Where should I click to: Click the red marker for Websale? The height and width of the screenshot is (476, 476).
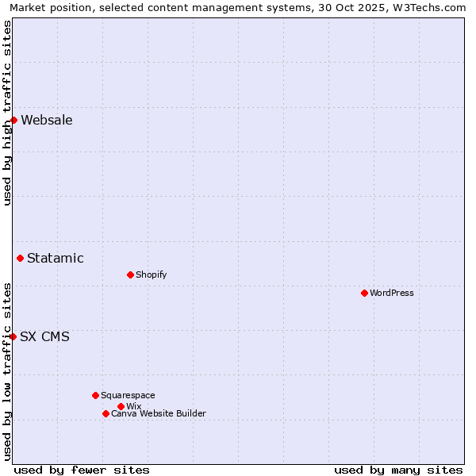[13, 121]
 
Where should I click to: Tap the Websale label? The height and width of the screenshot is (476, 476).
[47, 121]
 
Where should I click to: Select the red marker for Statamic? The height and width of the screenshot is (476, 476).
[20, 258]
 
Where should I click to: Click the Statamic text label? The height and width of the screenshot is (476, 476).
[56, 258]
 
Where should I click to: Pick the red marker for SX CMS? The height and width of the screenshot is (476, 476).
[13, 336]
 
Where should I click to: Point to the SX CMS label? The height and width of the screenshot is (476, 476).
[44, 336]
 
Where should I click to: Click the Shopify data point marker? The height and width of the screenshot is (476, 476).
[130, 274]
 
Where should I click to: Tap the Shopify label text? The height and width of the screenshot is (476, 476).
[151, 274]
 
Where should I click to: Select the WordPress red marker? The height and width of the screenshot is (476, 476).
[364, 293]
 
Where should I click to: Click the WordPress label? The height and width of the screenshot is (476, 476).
[392, 293]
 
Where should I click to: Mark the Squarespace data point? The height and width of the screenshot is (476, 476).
[95, 395]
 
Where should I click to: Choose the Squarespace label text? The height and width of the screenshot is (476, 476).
[128, 395]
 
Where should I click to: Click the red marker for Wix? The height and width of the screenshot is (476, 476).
[121, 406]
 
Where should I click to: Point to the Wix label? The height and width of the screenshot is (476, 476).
[133, 406]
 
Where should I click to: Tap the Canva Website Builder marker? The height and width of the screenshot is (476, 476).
[106, 413]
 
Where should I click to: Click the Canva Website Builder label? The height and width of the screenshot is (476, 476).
[158, 413]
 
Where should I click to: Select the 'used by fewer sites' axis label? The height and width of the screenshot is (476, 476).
[82, 470]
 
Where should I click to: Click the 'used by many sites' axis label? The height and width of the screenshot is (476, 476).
[398, 470]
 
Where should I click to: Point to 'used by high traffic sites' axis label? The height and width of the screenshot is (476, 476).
[7, 113]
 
